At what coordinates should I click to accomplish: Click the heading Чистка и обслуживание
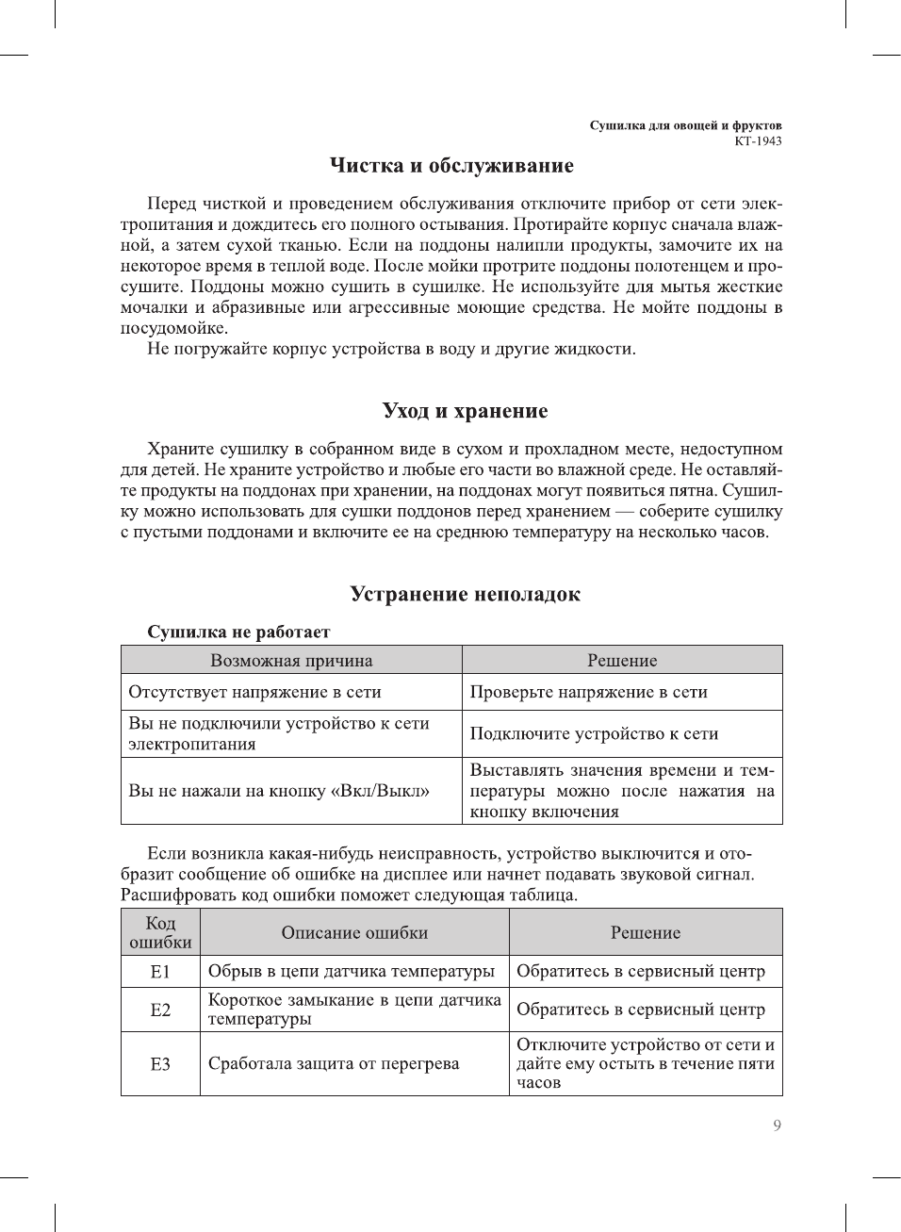coord(451,166)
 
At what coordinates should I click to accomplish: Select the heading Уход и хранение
coord(465,411)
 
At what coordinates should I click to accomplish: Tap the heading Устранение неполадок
coord(465,594)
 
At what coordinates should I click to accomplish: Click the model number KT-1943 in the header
coord(758,141)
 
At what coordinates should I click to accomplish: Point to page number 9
coord(777,1125)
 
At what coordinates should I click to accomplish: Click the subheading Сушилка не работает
coord(238,632)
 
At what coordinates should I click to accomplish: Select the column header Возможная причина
coord(291,661)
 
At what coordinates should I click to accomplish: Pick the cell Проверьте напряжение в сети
coord(588,692)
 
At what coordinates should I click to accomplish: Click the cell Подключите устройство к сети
coord(594,733)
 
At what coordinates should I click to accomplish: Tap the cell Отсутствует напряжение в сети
coord(254,692)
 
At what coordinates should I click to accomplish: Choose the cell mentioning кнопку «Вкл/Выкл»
coord(279,791)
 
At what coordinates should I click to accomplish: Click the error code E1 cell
coord(160,972)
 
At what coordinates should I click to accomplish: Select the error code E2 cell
coord(160,1010)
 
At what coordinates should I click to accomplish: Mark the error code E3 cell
coord(160,1064)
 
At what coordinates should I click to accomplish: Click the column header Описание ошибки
coord(354,932)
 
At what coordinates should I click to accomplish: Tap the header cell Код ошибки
coord(160,932)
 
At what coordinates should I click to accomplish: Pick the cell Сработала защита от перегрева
coord(334,1064)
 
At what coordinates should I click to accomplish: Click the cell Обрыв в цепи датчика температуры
coord(351,972)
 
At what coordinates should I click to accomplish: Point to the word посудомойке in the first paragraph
coord(174,328)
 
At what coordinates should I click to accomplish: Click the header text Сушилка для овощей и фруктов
coord(685,125)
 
